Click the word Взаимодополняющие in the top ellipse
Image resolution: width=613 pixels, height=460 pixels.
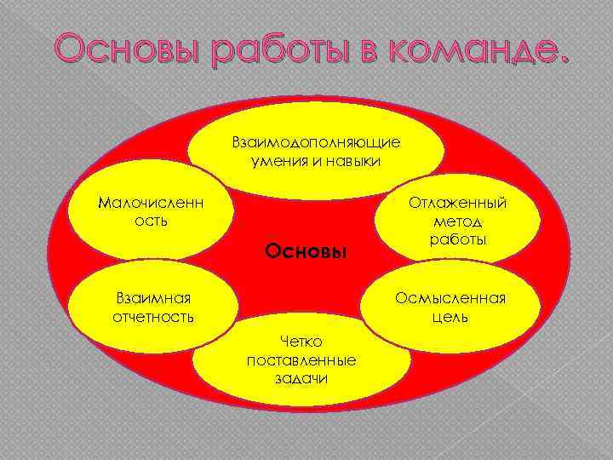(316, 141)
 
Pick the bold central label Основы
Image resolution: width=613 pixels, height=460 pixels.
(306, 251)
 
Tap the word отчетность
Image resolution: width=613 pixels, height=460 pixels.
(153, 317)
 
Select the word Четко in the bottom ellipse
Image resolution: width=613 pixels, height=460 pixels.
(301, 342)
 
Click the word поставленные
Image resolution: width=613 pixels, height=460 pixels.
(301, 359)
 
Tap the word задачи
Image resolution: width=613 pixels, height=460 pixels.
(301, 377)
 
